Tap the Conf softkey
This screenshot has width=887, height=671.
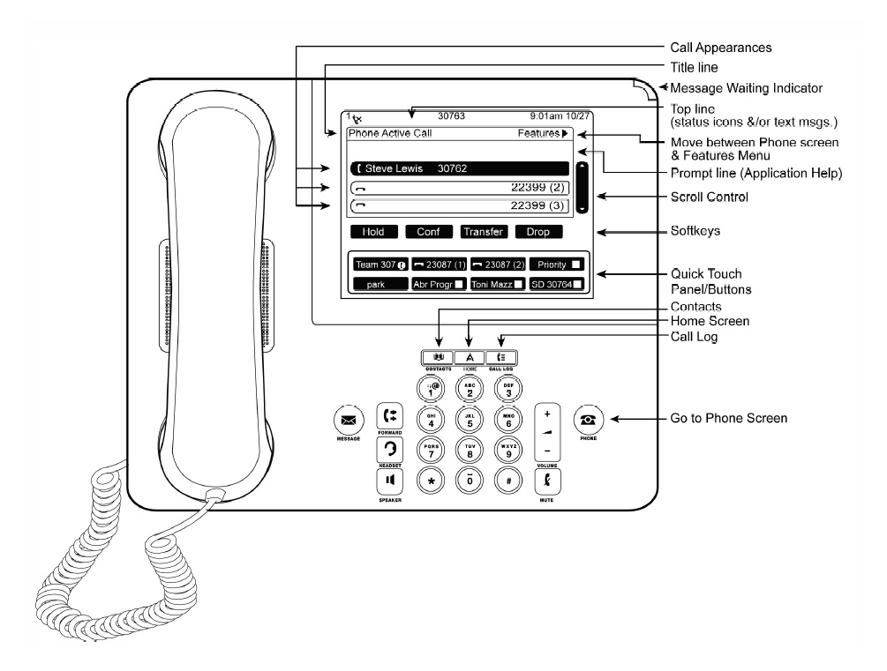pos(429,233)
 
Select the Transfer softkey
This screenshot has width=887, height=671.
pos(483,233)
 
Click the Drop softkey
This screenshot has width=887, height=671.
pos(537,233)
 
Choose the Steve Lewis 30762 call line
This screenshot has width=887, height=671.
pos(458,168)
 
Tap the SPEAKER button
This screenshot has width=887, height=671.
pos(388,480)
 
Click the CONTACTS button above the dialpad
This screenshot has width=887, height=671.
pos(439,357)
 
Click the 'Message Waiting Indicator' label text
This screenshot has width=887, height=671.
pos(746,88)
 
